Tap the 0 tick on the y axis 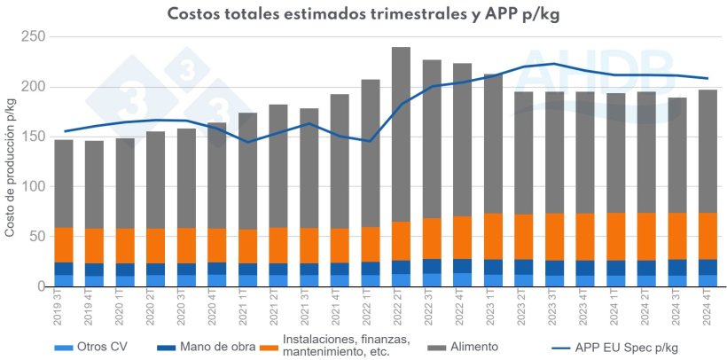pyautogui.click(x=40, y=286)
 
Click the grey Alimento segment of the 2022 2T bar pyautogui.click(x=401, y=133)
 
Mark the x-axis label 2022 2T pyautogui.click(x=401, y=309)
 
